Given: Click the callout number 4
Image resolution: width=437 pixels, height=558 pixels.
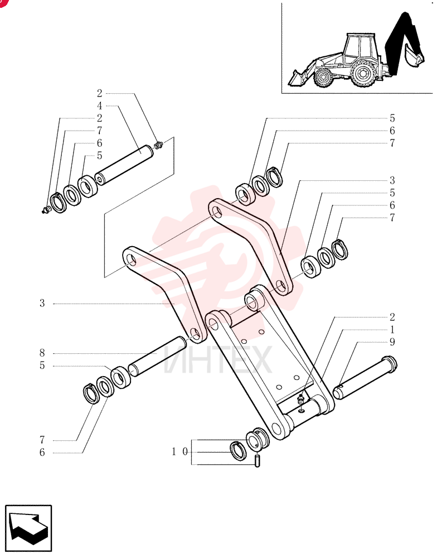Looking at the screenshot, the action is point(100,105).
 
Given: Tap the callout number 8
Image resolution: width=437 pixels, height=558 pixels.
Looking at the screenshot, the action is point(42,353).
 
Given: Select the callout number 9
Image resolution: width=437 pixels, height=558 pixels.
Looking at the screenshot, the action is point(392,342).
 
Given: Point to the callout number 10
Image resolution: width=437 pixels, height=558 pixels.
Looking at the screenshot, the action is point(180,452).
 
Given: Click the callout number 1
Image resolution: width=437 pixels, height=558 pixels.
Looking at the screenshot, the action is point(392,329).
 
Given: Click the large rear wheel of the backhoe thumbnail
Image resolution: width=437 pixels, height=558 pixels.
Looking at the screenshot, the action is point(363,74).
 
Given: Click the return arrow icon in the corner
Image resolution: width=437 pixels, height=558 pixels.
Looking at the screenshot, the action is point(28,528).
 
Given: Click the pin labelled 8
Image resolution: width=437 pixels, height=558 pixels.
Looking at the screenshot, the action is point(158,356).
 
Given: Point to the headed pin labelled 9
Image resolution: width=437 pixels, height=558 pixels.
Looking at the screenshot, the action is point(365,378).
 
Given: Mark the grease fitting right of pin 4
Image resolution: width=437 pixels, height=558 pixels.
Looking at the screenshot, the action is point(159,145).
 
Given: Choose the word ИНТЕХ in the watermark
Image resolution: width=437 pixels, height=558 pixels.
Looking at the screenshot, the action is point(218,360).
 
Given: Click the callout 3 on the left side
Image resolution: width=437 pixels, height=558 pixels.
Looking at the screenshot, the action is point(42,304).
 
